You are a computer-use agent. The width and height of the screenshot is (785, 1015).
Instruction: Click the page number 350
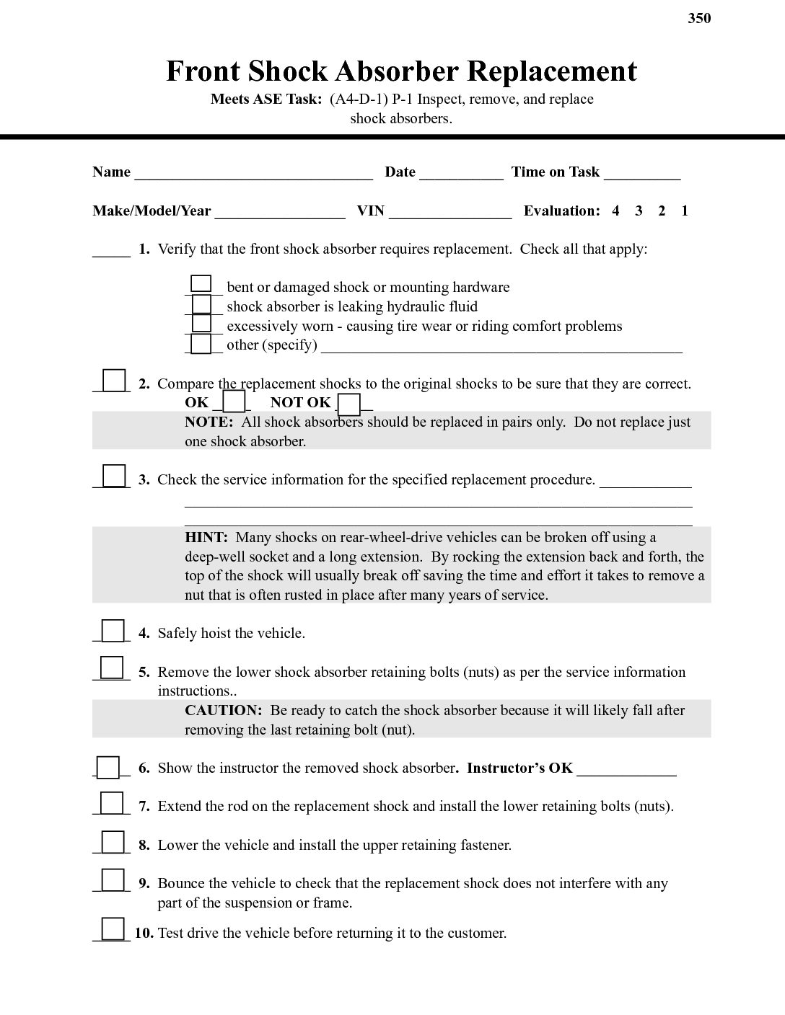coord(699,18)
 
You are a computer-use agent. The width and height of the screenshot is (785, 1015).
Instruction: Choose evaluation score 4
coord(615,211)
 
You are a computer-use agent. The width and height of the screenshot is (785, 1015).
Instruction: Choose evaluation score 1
coord(685,211)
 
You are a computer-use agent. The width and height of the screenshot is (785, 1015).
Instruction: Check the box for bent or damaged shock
coord(201,285)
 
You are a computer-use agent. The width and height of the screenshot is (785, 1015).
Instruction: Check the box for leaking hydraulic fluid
coord(202,304)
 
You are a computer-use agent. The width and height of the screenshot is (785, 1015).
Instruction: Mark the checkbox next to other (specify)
coord(202,344)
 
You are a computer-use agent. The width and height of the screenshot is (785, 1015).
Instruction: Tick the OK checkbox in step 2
coord(234,401)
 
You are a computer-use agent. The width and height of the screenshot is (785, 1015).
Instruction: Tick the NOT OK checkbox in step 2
coord(349,404)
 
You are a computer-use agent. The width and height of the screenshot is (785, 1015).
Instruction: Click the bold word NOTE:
coord(209,422)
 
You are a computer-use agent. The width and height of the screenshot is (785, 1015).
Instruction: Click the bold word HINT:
coord(206,538)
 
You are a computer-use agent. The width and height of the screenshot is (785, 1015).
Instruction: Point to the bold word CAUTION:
coord(223,711)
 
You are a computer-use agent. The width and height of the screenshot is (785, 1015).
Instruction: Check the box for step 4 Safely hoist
coord(113,631)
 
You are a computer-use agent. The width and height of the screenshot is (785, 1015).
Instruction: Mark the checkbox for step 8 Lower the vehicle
coord(113,842)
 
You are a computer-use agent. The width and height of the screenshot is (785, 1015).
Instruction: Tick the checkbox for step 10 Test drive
coord(113,928)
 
